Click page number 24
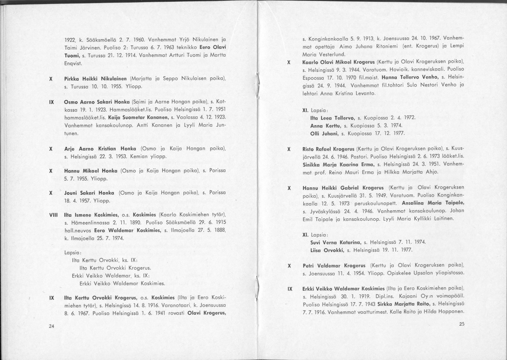coord(52,327)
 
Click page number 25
coord(462,324)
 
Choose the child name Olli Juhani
coord(322,133)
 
